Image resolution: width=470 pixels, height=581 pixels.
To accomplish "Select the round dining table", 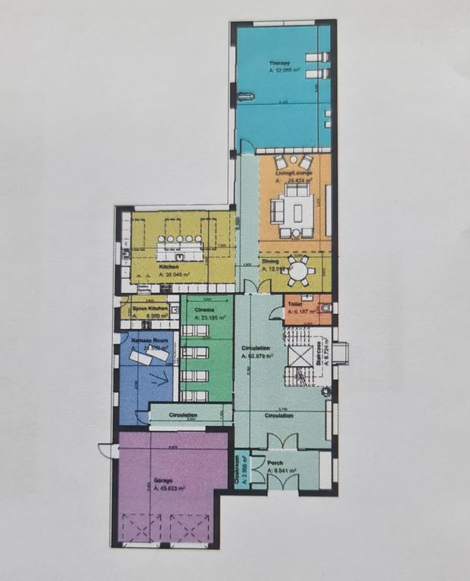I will (300, 270).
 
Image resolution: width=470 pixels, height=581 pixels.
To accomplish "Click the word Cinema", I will (204, 310).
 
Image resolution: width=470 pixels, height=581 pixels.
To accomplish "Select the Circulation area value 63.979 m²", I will (257, 356).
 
